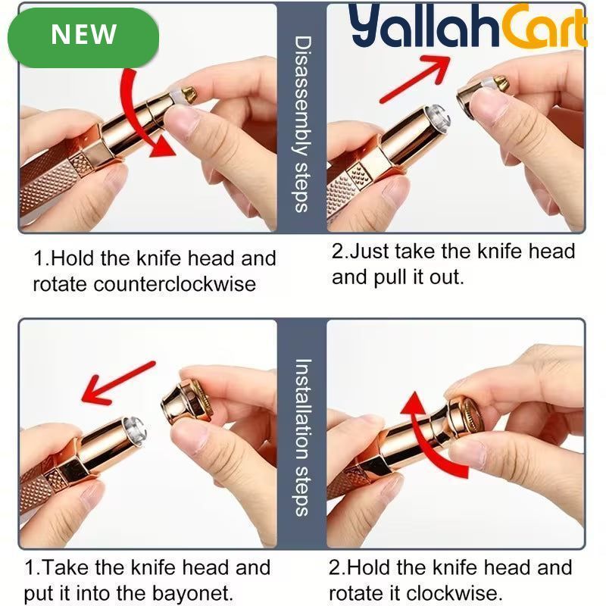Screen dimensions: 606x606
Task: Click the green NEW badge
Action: click(x=83, y=37)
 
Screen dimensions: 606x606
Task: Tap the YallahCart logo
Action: click(x=468, y=27)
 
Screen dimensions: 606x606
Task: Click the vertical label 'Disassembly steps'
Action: click(x=302, y=124)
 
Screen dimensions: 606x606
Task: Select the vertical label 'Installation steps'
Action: click(x=302, y=438)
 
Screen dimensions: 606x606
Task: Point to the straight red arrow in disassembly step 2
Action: click(x=415, y=79)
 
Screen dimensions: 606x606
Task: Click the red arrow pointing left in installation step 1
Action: click(x=118, y=383)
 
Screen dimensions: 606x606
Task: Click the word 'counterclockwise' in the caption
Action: click(x=174, y=285)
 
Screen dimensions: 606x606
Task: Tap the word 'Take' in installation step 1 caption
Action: click(x=66, y=567)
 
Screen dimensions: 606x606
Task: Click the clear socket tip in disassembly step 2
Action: click(x=439, y=117)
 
